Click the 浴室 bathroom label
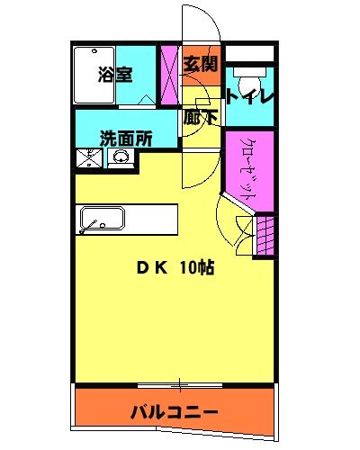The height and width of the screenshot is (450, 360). click(116, 76)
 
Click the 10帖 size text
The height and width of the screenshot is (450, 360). click(196, 267)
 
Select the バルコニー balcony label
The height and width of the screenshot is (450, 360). click(173, 413)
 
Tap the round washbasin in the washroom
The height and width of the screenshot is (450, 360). click(120, 159)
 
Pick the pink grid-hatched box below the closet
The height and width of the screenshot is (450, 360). click(265, 236)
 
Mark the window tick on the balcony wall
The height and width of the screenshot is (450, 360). click(179, 385)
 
